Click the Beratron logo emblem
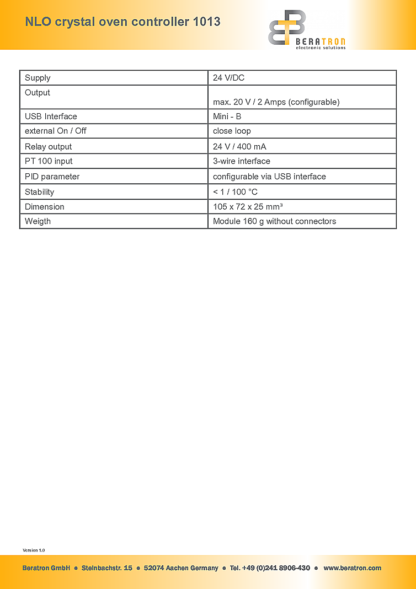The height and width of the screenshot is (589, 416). (286, 27)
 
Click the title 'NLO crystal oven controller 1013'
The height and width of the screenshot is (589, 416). (122, 22)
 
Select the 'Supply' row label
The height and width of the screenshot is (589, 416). (38, 78)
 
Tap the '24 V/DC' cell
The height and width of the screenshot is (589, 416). (228, 78)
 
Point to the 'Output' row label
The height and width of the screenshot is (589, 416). (38, 93)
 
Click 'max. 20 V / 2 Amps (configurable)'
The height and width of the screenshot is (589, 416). (276, 102)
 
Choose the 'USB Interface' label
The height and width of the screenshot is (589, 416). (51, 116)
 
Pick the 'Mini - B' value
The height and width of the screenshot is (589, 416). (227, 116)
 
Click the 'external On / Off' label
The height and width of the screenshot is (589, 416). (56, 131)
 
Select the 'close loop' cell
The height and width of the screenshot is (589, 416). (232, 131)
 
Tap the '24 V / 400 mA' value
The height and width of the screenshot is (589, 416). (239, 147)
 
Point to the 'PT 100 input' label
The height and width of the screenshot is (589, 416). (49, 161)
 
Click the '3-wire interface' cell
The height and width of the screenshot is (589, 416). (242, 161)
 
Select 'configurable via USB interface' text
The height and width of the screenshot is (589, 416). (269, 177)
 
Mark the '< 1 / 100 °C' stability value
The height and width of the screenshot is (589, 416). (235, 192)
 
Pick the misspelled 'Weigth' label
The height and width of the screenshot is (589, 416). (38, 221)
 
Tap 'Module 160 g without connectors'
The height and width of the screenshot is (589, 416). (274, 221)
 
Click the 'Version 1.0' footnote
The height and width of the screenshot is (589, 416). (34, 550)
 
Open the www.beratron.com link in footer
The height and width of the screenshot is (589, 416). (352, 568)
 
